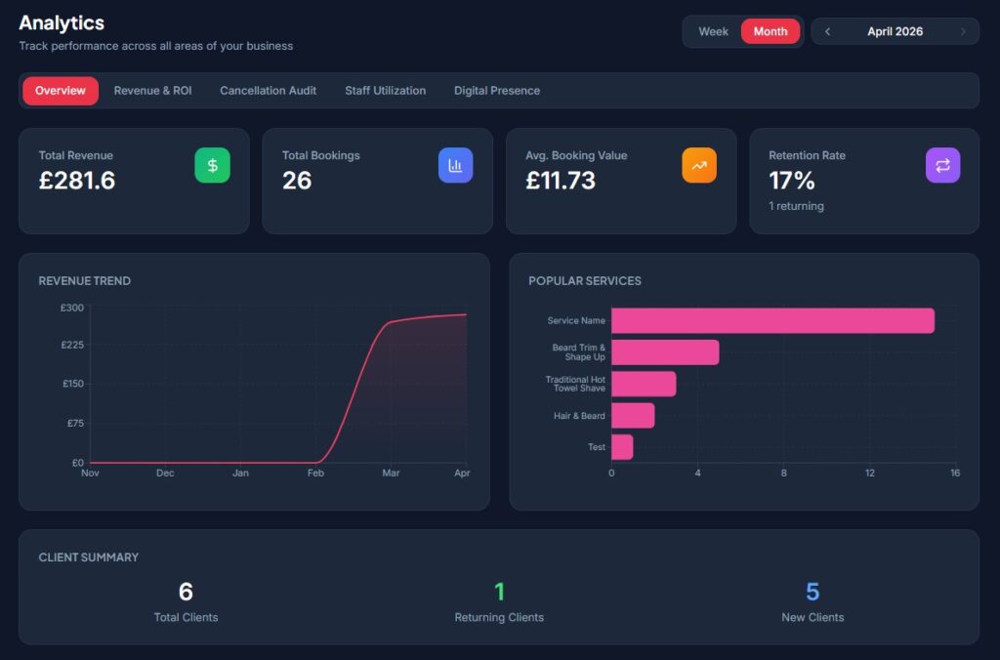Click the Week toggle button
point(713,31)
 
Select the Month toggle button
point(771,31)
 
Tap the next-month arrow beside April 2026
point(963,31)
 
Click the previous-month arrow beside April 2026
point(827,31)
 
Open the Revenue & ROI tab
point(152,91)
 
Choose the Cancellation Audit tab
point(268,91)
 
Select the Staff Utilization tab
point(385,91)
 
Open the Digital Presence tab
point(497,91)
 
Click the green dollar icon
point(212,165)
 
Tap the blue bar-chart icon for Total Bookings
point(455,165)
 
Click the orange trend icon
point(699,165)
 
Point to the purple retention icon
point(942,165)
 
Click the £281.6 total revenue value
point(77,181)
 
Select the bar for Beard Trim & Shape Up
point(665,352)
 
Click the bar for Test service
point(622,447)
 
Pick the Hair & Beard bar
point(633,416)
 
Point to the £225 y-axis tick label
point(72,345)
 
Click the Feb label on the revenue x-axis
point(315,474)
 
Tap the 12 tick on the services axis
point(870,474)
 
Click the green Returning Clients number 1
point(499,592)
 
